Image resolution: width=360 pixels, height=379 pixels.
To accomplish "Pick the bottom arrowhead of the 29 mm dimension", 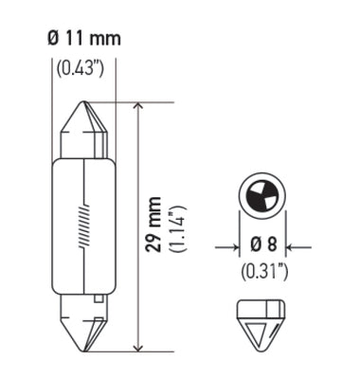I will [x=139, y=346].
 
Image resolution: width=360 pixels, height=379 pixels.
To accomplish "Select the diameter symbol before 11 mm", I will [x=53, y=39].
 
